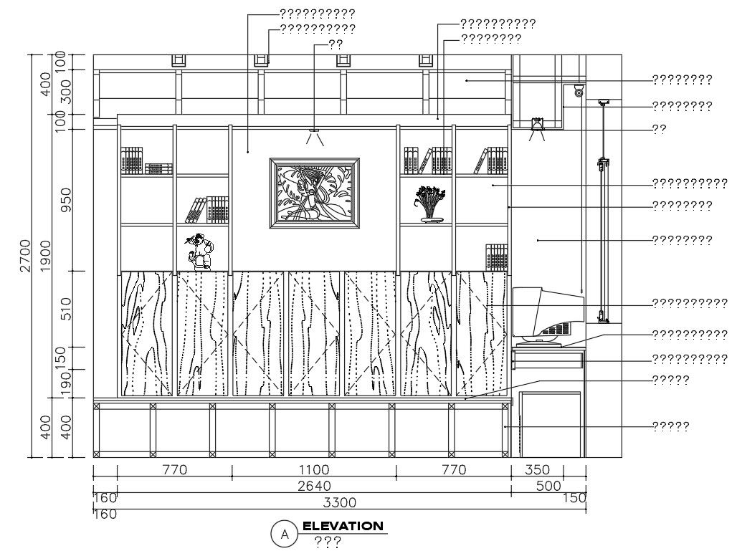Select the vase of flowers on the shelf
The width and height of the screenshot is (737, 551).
coord(429,204)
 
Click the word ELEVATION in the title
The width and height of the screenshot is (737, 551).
coord(343,526)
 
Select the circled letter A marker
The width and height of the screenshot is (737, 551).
coord(285,534)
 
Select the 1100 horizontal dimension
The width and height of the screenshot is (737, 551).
coord(314,470)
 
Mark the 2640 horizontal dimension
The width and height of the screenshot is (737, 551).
coord(314,486)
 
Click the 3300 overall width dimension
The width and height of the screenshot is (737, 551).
coord(340,503)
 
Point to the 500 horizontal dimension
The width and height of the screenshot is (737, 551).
coord(548,486)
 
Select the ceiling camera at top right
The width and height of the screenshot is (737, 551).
coord(579,90)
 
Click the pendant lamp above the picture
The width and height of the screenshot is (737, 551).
coord(313,135)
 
